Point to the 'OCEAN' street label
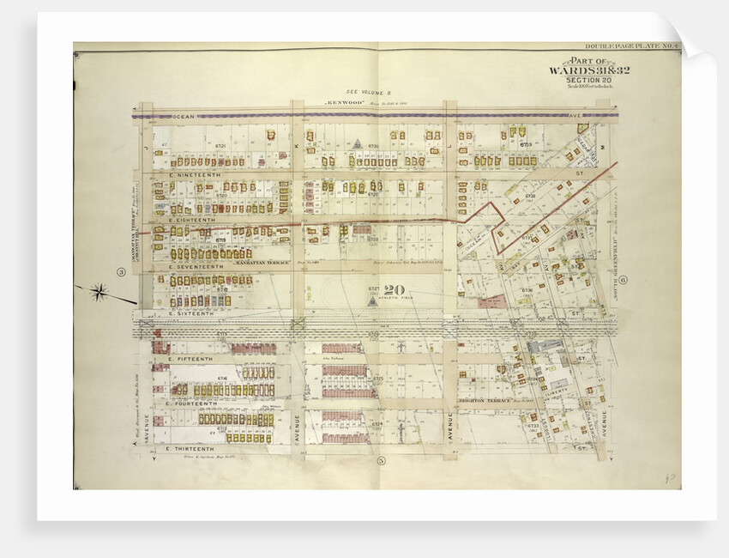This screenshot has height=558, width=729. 184,114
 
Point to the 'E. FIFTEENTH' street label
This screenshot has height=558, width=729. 187,356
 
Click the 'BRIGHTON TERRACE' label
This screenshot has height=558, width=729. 485,401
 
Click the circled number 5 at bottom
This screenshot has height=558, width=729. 378,461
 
